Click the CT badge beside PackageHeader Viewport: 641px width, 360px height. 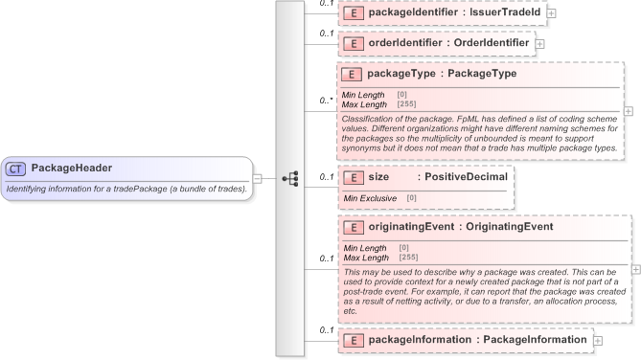16,169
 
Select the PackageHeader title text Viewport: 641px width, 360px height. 71,169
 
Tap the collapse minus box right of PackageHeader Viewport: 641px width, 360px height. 258,178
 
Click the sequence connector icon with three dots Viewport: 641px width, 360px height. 290,178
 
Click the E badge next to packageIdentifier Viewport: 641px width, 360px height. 352,13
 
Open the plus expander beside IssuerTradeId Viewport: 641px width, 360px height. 551,13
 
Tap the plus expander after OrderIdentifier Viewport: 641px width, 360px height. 539,43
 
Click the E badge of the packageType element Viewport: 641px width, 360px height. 352,73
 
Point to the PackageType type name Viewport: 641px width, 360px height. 483,73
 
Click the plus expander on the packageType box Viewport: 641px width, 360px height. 628,111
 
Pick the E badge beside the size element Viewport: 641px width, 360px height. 352,177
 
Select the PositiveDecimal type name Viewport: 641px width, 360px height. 466,177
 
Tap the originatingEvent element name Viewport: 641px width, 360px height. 409,228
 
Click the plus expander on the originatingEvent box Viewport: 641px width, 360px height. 635,269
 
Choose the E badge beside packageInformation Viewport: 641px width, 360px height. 352,340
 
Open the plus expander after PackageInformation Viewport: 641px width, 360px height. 598,340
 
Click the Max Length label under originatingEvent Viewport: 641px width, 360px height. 367,258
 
